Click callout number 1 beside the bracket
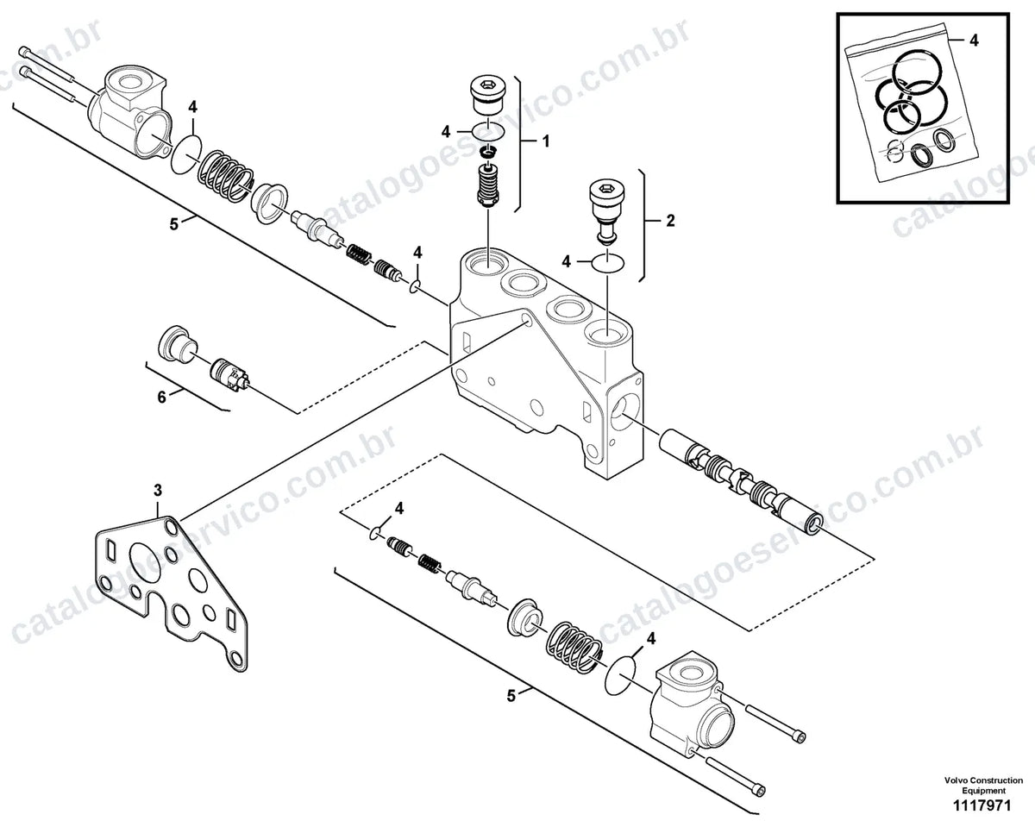coord(545,141)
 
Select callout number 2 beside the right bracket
coord(670,221)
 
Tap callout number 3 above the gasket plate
coord(158,491)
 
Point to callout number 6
coord(162,398)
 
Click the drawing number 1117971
coord(984,805)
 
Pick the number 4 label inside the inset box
coord(974,41)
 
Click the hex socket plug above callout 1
coord(486,96)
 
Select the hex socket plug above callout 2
coord(607,208)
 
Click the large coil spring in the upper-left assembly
coord(226,175)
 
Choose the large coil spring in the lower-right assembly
coord(574,647)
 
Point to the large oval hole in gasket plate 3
coord(144,563)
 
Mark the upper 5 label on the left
coord(173,224)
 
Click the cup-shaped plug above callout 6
coord(177,345)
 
